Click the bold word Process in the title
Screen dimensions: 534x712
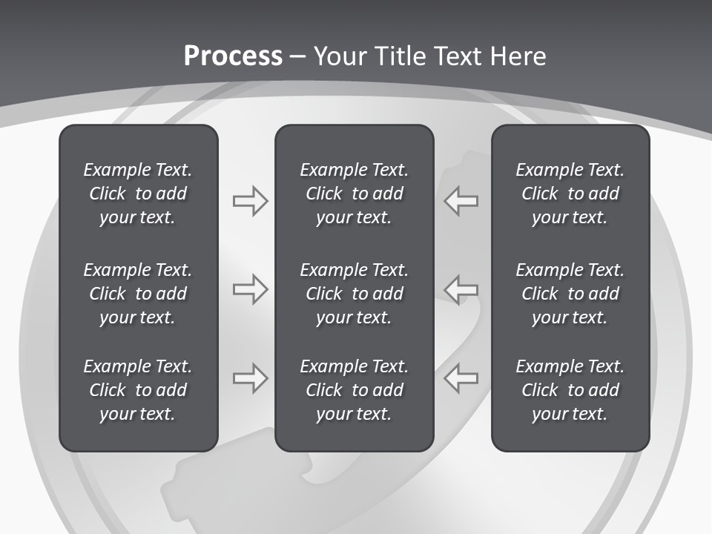point(233,56)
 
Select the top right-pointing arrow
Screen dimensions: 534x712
point(251,201)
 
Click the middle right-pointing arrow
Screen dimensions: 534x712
point(251,289)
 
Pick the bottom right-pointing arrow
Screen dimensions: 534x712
point(251,378)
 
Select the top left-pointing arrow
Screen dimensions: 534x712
point(461,201)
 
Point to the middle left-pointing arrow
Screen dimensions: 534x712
point(461,289)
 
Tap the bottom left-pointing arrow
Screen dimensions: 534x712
point(461,378)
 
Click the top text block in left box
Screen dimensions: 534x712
point(138,194)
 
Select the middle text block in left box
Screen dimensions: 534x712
point(138,294)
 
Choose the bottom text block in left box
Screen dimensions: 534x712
point(138,390)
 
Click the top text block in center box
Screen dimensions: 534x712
point(354,194)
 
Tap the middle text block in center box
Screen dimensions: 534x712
point(354,294)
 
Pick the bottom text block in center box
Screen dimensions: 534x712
point(354,390)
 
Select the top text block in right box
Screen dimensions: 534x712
point(570,194)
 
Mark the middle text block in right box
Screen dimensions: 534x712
point(570,294)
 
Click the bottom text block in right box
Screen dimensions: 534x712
point(570,390)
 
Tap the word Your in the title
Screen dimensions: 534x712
point(340,56)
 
